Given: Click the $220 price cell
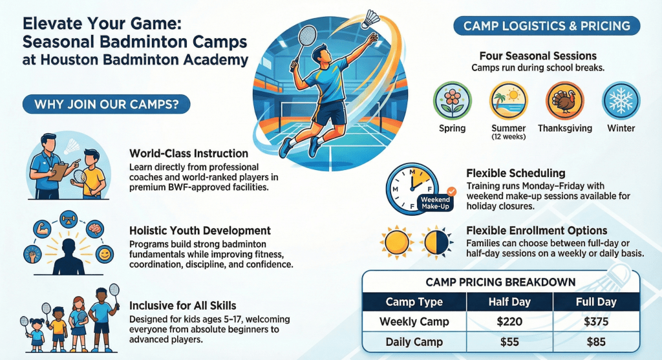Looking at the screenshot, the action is (509, 322).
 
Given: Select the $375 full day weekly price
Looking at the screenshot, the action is (595, 322).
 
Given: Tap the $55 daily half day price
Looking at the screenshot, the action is (509, 342).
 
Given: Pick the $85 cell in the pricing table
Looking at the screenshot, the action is (595, 342).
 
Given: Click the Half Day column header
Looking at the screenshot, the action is (509, 302).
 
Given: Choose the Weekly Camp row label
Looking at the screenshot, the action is (414, 322).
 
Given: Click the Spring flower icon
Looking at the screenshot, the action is (452, 101).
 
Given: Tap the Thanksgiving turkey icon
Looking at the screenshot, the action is (565, 101).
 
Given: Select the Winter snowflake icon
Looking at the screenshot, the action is (621, 101).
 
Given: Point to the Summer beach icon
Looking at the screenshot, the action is (508, 101).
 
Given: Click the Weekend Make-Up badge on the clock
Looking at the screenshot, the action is (436, 202).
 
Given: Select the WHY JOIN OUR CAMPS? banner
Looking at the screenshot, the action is (107, 104).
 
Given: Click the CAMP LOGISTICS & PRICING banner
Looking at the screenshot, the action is (547, 26).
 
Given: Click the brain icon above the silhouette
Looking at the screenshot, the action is (94, 229).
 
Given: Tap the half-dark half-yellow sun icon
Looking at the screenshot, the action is (436, 242).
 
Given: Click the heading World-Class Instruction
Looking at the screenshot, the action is (189, 154).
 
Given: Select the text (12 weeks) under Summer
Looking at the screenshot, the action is (508, 137).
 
